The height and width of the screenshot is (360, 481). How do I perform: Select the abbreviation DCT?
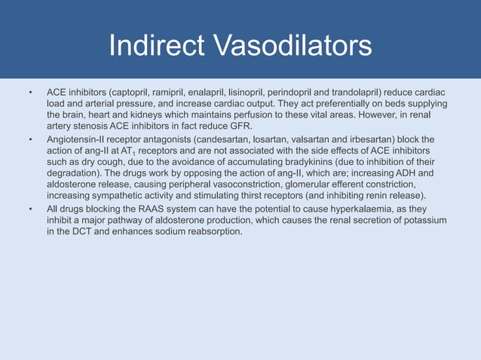tap(79, 231)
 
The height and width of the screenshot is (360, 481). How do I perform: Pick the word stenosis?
tap(87, 126)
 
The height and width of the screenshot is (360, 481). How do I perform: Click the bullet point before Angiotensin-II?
tap(30, 139)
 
